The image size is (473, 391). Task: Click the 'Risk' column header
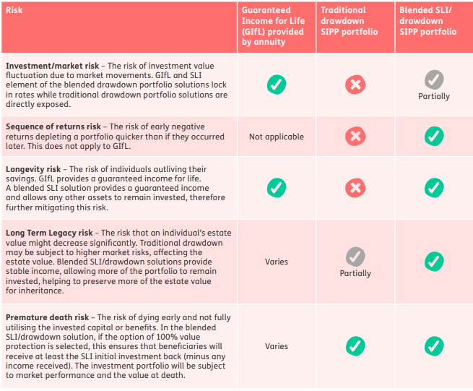pyautogui.click(x=14, y=11)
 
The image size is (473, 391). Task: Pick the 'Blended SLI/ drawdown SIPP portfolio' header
pyautogui.click(x=428, y=22)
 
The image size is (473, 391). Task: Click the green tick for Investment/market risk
pyautogui.click(x=276, y=85)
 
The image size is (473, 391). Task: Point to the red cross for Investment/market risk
pyautogui.click(x=355, y=85)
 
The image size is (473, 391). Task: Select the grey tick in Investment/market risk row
pyautogui.click(x=433, y=79)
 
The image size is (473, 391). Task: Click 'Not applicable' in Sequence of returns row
pyautogui.click(x=276, y=137)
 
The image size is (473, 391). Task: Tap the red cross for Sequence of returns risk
pyautogui.click(x=355, y=136)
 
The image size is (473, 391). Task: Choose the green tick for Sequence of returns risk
pyautogui.click(x=433, y=136)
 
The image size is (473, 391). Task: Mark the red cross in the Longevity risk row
pyautogui.click(x=355, y=188)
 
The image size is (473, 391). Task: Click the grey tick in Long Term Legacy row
pyautogui.click(x=355, y=256)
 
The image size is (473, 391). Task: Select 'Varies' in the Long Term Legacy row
pyautogui.click(x=276, y=262)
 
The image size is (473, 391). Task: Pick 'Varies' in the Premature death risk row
pyautogui.click(x=276, y=346)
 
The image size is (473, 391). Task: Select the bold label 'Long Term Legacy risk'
pyautogui.click(x=49, y=233)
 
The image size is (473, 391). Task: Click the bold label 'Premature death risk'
pyautogui.click(x=48, y=317)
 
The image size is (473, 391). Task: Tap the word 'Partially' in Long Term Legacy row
pyautogui.click(x=355, y=273)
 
